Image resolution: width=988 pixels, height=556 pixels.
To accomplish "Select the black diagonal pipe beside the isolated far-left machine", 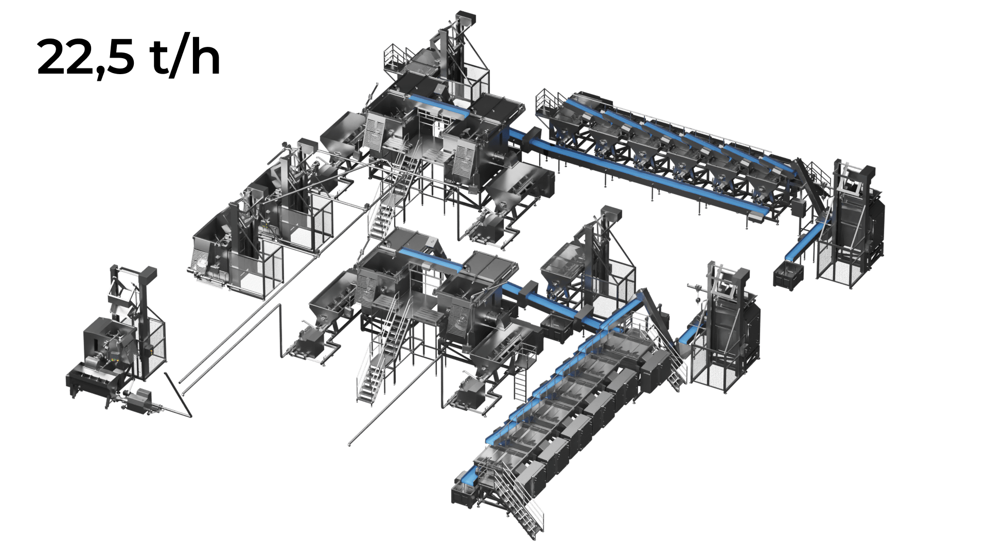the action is pyautogui.click(x=178, y=394).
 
